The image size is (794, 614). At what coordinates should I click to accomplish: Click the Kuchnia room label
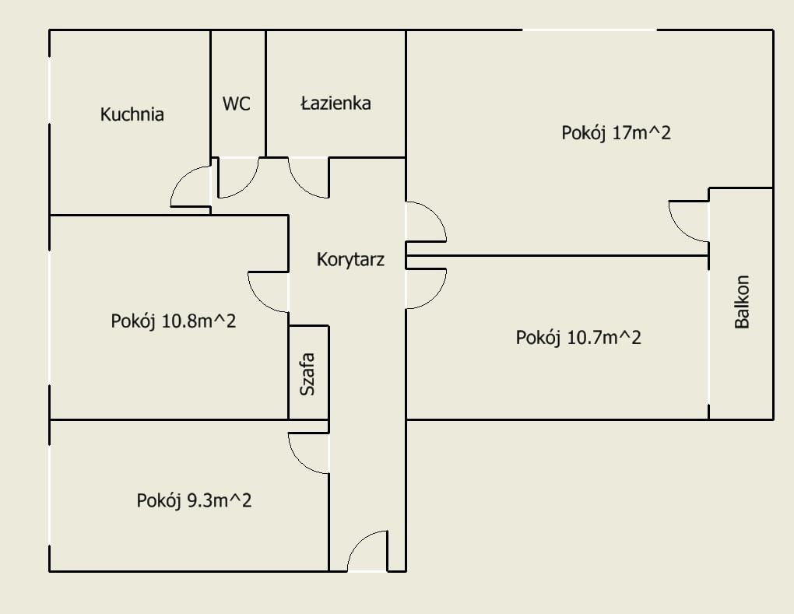click(x=132, y=114)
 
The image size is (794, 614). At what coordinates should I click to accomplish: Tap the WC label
click(x=236, y=104)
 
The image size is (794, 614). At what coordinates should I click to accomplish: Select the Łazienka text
click(x=336, y=103)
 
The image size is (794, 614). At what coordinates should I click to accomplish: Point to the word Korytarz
click(x=350, y=260)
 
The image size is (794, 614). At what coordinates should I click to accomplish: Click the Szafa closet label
click(x=307, y=374)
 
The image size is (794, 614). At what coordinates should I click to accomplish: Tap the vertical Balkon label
click(x=741, y=302)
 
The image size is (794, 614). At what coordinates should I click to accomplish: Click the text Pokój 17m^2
click(x=617, y=133)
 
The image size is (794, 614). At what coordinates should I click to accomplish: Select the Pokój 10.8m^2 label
click(x=174, y=321)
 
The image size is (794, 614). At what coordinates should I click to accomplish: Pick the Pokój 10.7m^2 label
click(x=578, y=337)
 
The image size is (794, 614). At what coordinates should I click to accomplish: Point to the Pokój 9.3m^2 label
click(x=194, y=500)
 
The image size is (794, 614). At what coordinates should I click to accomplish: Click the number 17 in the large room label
click(x=621, y=132)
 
